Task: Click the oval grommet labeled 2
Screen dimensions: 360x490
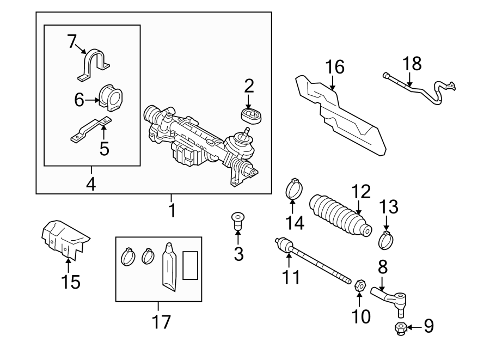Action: (251, 115)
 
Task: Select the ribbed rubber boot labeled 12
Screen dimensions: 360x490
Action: (340, 216)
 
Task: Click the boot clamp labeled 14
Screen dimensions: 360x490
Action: (294, 189)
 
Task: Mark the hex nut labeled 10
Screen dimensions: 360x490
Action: (359, 284)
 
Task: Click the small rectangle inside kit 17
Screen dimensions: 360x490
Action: (191, 265)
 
